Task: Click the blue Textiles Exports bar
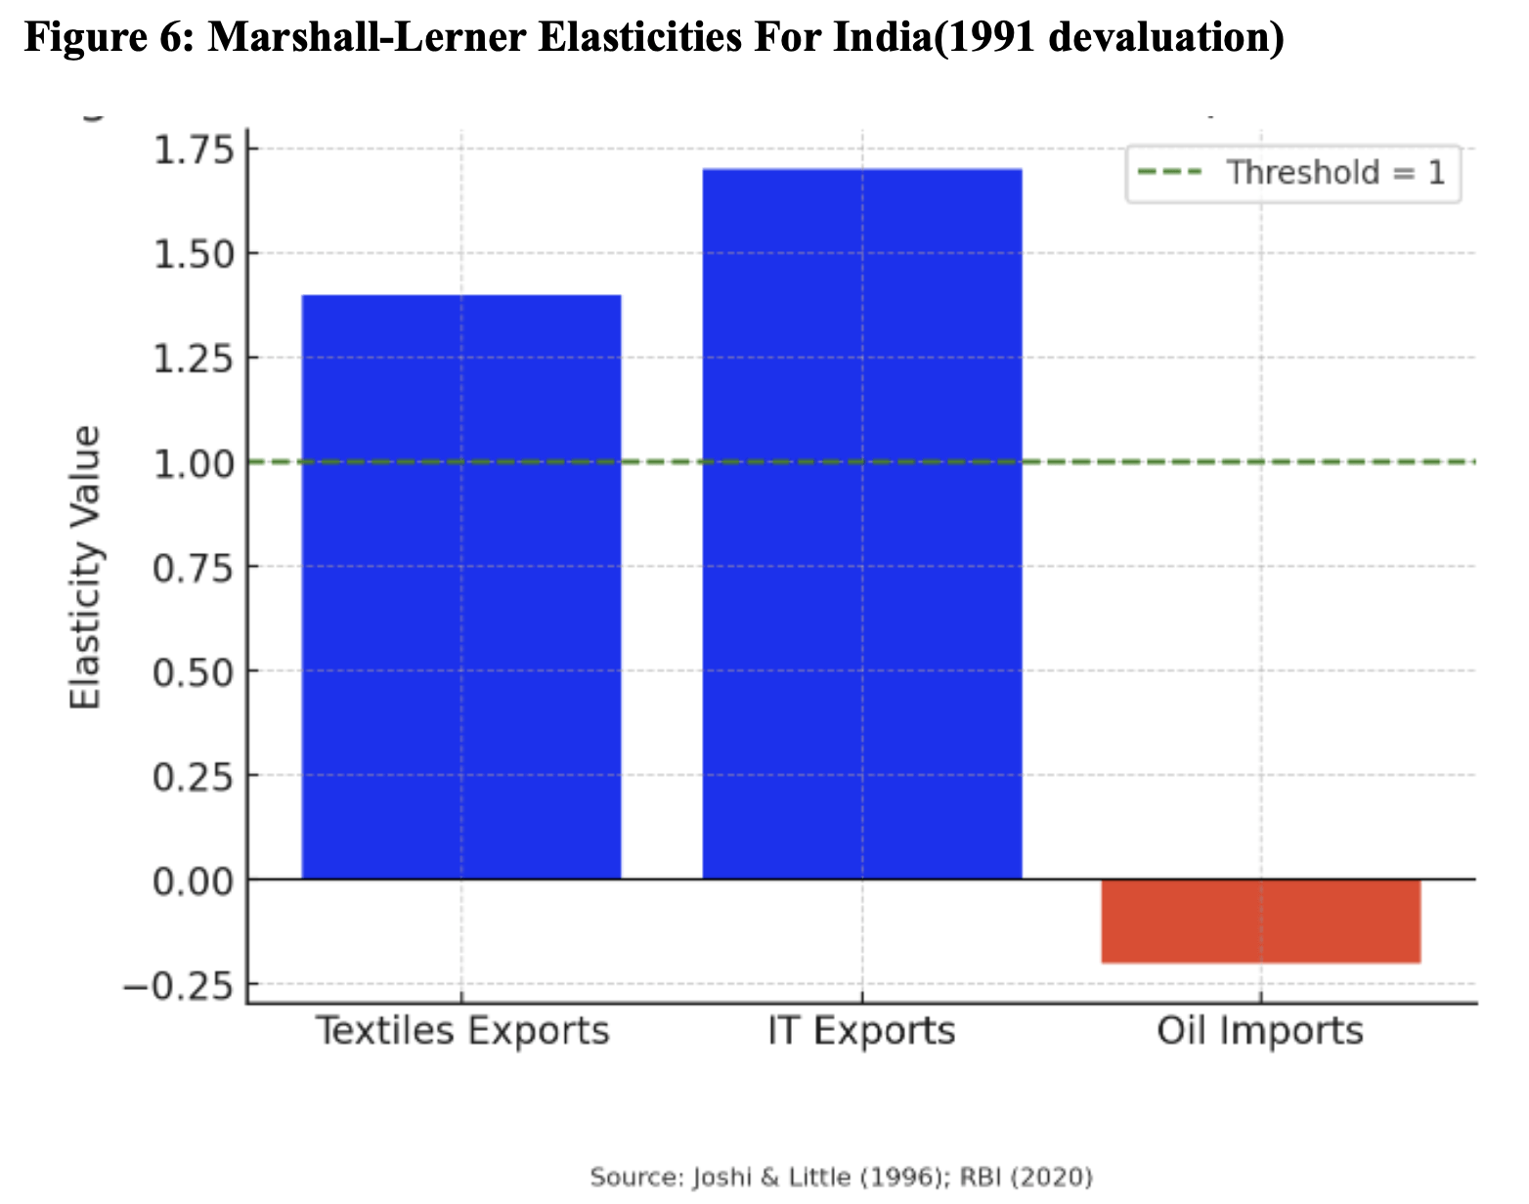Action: [460, 586]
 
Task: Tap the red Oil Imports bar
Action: [1260, 921]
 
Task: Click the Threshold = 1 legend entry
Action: [1292, 173]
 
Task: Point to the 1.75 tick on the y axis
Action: [195, 150]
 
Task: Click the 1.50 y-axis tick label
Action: [195, 254]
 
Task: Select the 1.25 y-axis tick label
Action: [195, 359]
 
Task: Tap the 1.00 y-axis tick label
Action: [195, 462]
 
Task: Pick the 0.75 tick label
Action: [195, 567]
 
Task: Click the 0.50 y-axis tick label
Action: [195, 671]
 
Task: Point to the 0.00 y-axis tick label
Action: [195, 881]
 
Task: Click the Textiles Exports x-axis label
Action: [461, 1031]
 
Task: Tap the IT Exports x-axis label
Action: [861, 1031]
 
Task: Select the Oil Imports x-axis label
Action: [1259, 1031]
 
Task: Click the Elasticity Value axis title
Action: [86, 567]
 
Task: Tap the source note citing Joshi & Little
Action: [841, 1177]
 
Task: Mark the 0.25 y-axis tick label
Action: [195, 776]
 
